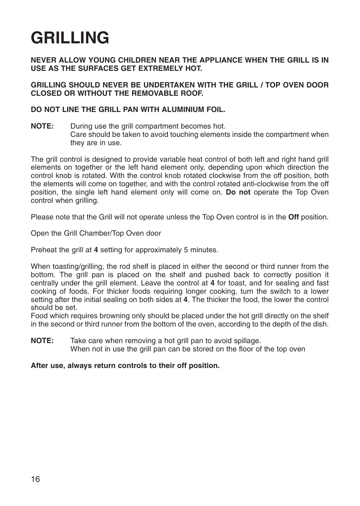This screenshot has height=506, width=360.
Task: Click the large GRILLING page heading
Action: (x=70, y=38)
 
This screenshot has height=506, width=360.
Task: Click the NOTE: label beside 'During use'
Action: (x=42, y=126)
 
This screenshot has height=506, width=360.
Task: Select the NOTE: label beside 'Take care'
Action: (x=42, y=341)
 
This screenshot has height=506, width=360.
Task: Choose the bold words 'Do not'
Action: (x=238, y=192)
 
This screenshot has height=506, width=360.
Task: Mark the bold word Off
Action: (x=293, y=217)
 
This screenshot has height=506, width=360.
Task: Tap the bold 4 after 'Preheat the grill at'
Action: (x=96, y=250)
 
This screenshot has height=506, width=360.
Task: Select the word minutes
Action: (x=205, y=250)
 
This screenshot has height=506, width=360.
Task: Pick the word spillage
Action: (x=247, y=341)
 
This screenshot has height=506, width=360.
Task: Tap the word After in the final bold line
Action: (x=40, y=366)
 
